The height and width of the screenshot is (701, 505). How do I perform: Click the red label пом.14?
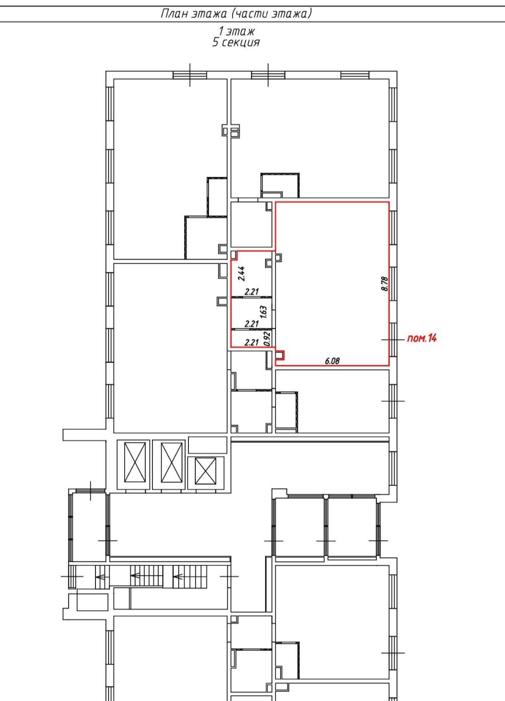[421, 338]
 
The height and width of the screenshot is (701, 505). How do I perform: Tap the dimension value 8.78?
[385, 283]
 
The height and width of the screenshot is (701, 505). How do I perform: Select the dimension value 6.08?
[332, 361]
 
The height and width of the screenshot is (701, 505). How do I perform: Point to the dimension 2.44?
[242, 274]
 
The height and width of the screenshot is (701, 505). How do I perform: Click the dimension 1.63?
[263, 312]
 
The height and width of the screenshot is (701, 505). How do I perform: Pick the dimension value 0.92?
[267, 339]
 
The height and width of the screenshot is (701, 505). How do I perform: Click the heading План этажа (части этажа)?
[236, 14]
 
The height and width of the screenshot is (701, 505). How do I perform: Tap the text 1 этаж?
[236, 31]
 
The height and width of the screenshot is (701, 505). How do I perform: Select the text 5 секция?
[236, 42]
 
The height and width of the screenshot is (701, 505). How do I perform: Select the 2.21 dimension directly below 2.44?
[251, 292]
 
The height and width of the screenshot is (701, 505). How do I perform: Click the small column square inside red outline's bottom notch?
[279, 355]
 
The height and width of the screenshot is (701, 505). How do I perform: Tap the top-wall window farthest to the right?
[355, 75]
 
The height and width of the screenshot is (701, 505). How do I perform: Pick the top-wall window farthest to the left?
[190, 75]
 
